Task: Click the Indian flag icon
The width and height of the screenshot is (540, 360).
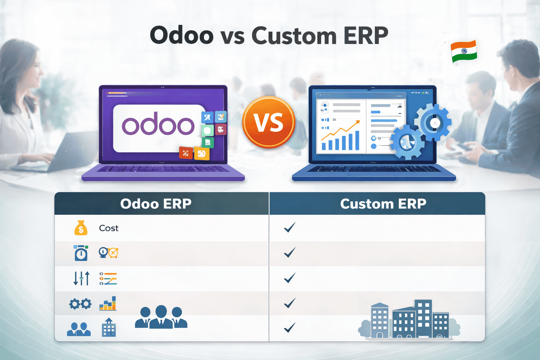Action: pos(464,51)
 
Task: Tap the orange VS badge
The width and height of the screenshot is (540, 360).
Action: pos(269,122)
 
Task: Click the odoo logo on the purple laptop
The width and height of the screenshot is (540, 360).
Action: pos(158,126)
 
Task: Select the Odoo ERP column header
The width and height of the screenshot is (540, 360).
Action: pos(156,204)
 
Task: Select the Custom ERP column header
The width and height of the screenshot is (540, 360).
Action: pos(383,204)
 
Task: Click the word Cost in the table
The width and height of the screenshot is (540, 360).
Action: pos(109,228)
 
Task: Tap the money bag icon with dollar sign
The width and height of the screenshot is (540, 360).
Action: pos(81,228)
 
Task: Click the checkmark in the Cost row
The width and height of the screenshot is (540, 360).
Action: pos(290,227)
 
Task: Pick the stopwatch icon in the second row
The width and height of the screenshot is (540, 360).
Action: pos(81,253)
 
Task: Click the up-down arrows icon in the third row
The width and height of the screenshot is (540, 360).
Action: pos(81,278)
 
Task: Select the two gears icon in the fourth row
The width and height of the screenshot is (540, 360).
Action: pos(80,304)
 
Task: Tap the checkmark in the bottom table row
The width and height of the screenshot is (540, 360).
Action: pos(290,328)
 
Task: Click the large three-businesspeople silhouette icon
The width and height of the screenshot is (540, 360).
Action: pos(161,317)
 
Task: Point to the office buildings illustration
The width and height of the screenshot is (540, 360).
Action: pos(410,320)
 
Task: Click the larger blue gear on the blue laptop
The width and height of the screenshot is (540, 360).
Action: pos(433,123)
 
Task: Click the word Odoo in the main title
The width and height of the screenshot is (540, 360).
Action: pos(181,36)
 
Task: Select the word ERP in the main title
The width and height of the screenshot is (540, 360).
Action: pos(366,36)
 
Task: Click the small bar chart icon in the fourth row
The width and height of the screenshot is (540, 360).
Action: pos(108,304)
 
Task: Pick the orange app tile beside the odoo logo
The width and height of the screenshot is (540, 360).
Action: pos(202,153)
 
